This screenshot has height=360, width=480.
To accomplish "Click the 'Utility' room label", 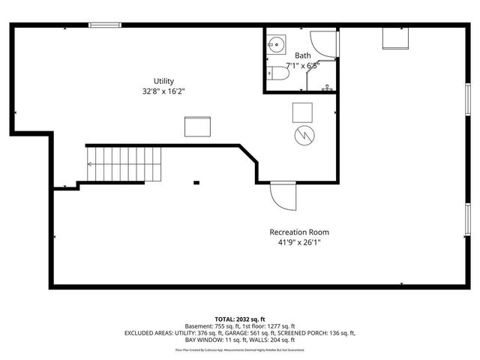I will tap(164, 81).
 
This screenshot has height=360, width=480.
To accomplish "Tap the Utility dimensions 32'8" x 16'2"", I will tap(164, 91).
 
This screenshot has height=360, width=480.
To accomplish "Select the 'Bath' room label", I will tap(302, 55).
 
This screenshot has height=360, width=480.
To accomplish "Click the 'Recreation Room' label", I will tap(299, 232).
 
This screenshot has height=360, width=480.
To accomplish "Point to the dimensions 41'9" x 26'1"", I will tap(299, 243).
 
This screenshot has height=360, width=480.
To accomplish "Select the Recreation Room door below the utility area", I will tap(283, 196).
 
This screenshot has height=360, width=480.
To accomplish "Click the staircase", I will tap(124, 164).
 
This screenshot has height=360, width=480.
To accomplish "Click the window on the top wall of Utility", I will tap(105, 25).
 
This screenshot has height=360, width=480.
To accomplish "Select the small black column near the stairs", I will tap(196, 181).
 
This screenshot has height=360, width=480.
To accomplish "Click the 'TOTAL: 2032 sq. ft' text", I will tap(240, 318).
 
